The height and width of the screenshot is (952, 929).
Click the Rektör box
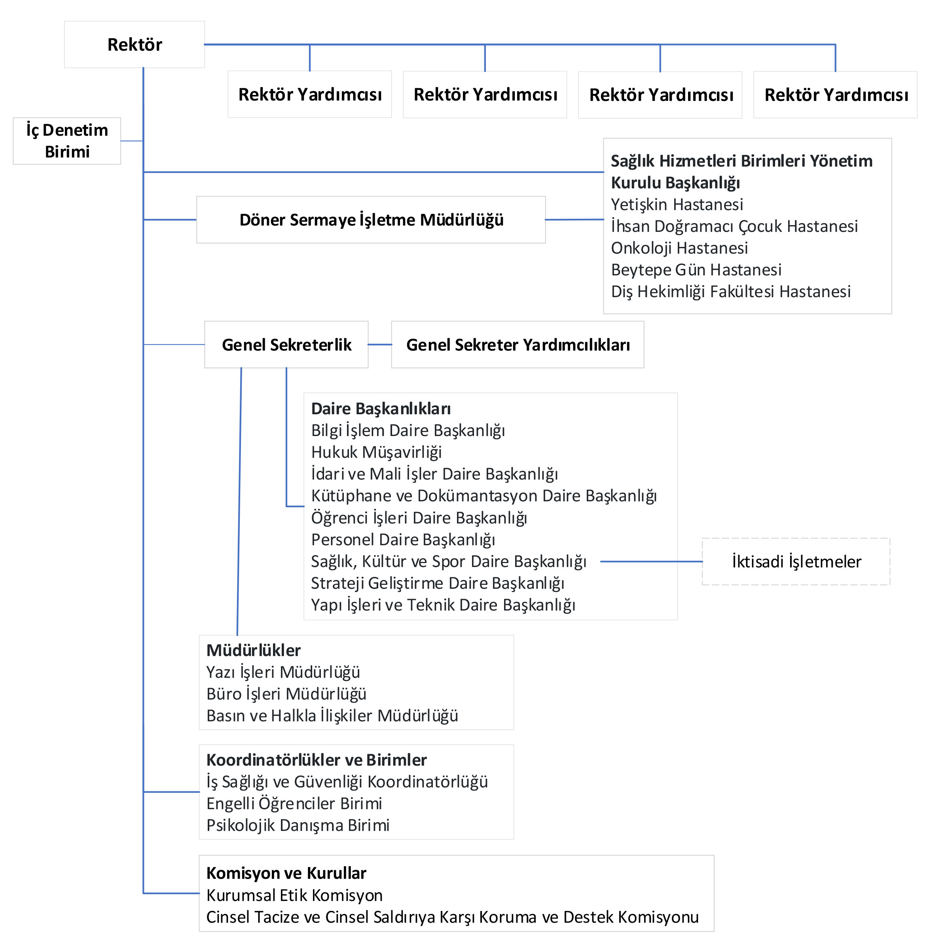point(134,44)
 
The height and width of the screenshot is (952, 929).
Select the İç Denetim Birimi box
point(67,140)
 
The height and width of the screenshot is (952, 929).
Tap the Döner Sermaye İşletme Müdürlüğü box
point(371,220)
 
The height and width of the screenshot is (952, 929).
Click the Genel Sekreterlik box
point(286,345)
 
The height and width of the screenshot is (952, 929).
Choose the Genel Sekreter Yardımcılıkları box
point(518,345)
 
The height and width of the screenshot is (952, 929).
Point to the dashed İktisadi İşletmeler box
point(796,561)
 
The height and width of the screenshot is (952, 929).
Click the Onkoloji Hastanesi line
point(679,248)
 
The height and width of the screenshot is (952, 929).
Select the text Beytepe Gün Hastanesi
point(696,270)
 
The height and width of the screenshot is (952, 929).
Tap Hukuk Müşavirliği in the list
point(376,452)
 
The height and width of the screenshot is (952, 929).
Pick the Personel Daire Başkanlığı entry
point(403,540)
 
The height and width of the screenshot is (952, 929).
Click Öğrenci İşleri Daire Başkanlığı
point(419,518)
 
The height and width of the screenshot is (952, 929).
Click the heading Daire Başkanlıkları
point(381,408)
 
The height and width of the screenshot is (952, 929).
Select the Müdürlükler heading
point(254,650)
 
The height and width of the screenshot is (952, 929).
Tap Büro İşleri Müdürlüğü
point(286,694)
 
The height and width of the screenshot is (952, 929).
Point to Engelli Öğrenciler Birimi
point(294,804)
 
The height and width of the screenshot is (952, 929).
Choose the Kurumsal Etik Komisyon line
point(294,895)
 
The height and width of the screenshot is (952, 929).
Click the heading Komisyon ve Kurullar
point(286,873)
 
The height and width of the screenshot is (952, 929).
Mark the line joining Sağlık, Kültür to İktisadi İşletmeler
point(651,561)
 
